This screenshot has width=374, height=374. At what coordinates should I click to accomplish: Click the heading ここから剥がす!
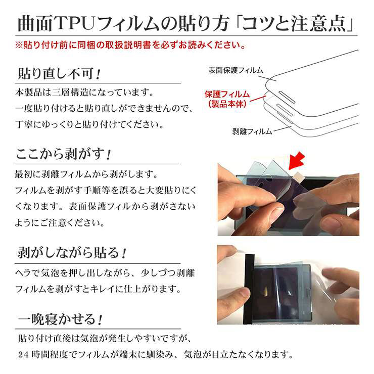pos(64,154)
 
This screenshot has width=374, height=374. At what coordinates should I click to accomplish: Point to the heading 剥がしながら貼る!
pos(72,253)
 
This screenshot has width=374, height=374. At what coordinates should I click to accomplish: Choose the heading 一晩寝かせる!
pos(61,319)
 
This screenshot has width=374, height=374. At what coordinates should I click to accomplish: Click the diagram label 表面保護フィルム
pos(236,70)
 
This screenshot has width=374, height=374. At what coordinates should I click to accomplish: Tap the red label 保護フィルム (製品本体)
pos(227,99)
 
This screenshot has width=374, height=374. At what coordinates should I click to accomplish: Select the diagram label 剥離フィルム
pos(252,131)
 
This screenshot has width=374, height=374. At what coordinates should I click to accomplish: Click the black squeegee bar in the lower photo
pos(249,289)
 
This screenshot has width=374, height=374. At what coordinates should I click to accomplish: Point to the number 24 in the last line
pos(24,355)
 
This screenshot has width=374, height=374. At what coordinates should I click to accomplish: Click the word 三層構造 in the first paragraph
pos(70,92)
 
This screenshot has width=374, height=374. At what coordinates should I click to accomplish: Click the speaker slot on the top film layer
pos(287,97)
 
